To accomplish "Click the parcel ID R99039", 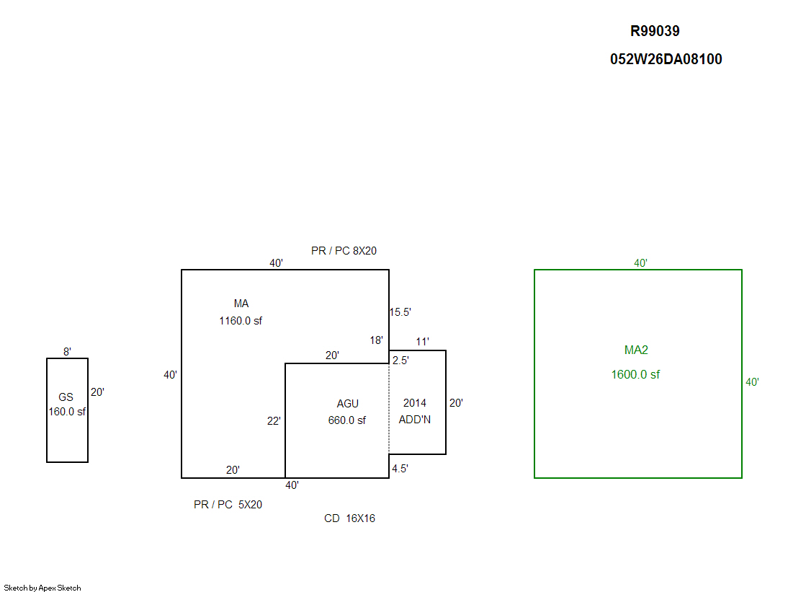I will (655, 31).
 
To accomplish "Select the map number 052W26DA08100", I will (666, 59).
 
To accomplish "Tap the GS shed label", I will (66, 397).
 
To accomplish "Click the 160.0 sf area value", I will (67, 412).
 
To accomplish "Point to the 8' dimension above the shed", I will (67, 352).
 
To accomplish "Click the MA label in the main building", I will (241, 304).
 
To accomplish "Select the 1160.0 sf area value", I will (241, 321).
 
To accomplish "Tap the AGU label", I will (347, 404).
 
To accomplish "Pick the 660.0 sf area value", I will (347, 420).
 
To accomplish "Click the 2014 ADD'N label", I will (415, 411).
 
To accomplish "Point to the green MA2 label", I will (636, 350).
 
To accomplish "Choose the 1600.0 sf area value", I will (635, 374).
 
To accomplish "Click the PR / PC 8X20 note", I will (344, 251).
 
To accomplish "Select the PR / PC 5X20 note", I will (228, 505).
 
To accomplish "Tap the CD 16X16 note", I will (349, 518).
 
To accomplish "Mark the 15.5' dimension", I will (400, 312).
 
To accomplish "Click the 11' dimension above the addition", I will (422, 341).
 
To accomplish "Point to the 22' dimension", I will (274, 421).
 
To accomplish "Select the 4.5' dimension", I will (400, 469).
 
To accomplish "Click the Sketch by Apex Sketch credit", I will (42, 588).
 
